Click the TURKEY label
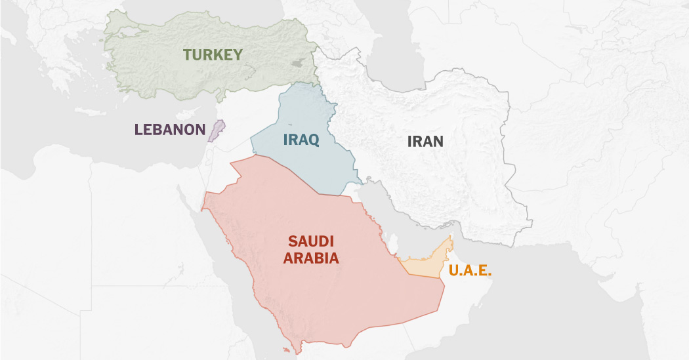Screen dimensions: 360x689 pyautogui.click(x=213, y=54)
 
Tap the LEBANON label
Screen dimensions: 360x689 pyautogui.click(x=170, y=129)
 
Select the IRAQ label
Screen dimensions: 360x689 pyautogui.click(x=301, y=139)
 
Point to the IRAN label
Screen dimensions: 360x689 pyautogui.click(x=425, y=141)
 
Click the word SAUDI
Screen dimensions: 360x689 pyautogui.click(x=311, y=241)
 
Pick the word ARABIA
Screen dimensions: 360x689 pyautogui.click(x=311, y=258)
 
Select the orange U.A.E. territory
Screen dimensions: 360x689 pyautogui.click(x=423, y=265)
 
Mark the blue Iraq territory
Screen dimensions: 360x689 pyautogui.click(x=308, y=164)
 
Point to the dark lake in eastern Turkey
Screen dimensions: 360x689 pyautogui.click(x=297, y=63)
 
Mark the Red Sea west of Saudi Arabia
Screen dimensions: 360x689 pyautogui.click(x=223, y=275)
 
